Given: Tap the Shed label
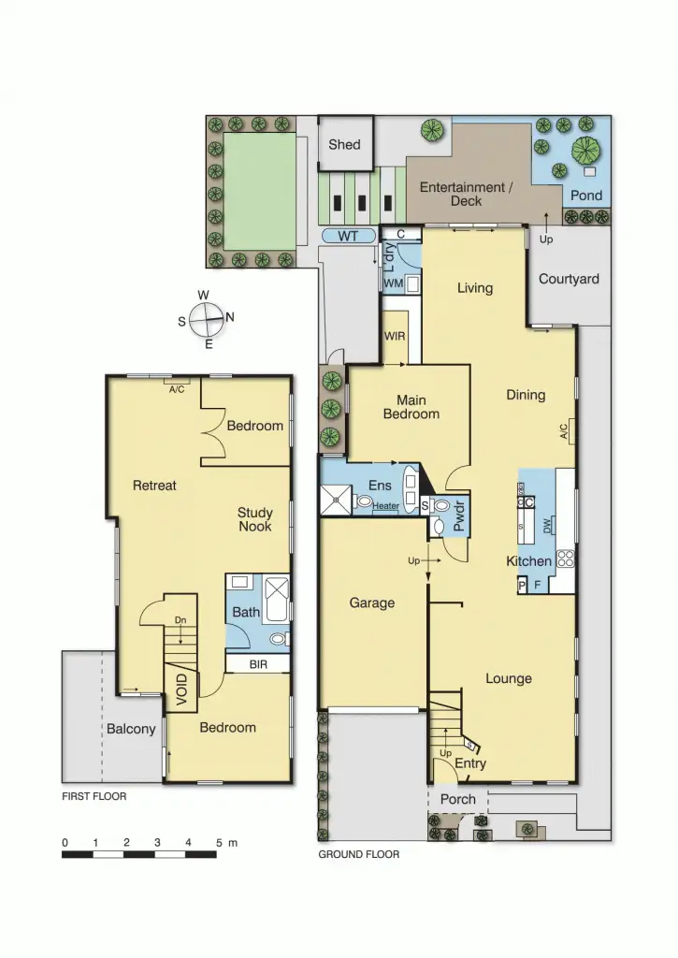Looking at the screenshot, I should pyautogui.click(x=344, y=145).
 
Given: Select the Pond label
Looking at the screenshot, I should pyautogui.click(x=586, y=196).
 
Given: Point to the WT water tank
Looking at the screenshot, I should pyautogui.click(x=348, y=236).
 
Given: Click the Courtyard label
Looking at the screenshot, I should pyautogui.click(x=569, y=279).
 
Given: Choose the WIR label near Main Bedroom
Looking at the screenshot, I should pyautogui.click(x=395, y=336).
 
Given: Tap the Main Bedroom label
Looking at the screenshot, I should pyautogui.click(x=411, y=407).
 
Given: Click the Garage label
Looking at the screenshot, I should pyautogui.click(x=372, y=603).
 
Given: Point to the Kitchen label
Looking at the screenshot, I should pyautogui.click(x=529, y=561).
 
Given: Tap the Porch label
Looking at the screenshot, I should pyautogui.click(x=457, y=799).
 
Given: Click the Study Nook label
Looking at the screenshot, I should pyautogui.click(x=254, y=519).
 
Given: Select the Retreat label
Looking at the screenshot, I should pyautogui.click(x=154, y=486).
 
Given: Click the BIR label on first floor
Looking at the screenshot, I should pyautogui.click(x=257, y=663).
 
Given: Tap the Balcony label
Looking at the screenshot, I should pyautogui.click(x=130, y=729).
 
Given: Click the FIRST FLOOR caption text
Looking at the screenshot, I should pyautogui.click(x=94, y=797).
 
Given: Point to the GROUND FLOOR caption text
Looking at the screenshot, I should pyautogui.click(x=358, y=854).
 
